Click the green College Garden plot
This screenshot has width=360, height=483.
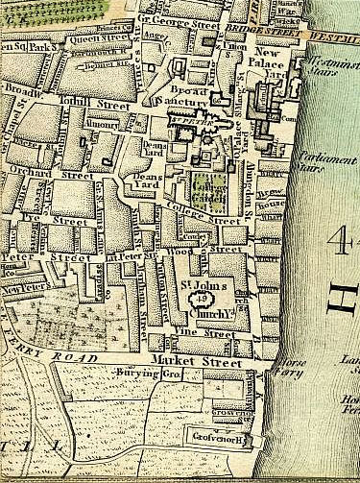click(204, 187)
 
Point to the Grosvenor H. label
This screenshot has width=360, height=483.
click(221, 441)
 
